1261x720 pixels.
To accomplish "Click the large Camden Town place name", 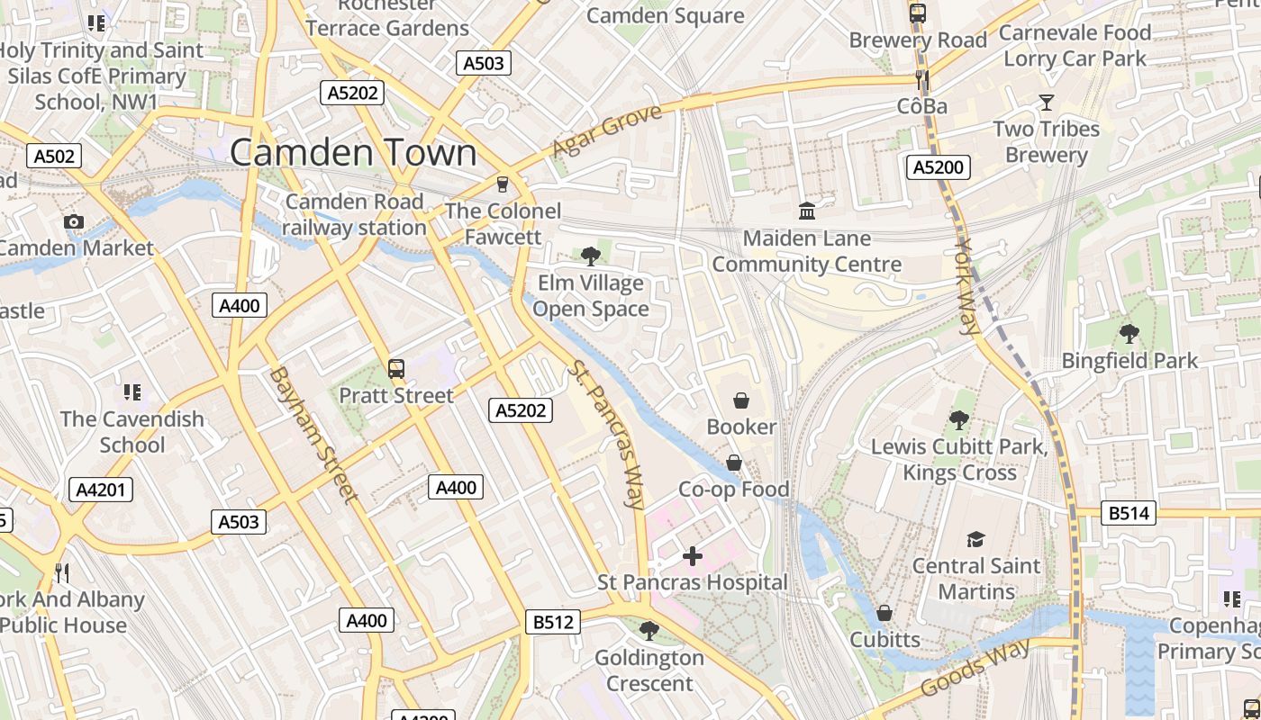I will coord(353,152).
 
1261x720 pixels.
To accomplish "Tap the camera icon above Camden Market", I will coord(74,221).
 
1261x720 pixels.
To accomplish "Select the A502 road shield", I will coord(54,156).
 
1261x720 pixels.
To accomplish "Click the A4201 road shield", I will coord(101,490).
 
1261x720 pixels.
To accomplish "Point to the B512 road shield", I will coord(553,622).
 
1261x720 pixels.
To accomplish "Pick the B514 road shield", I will coord(1129,513).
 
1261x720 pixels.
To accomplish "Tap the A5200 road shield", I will coord(938,166).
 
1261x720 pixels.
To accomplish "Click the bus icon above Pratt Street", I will coord(395,368).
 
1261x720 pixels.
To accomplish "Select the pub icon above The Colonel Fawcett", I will coord(503,184).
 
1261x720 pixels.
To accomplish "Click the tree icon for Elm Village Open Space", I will coord(591,256).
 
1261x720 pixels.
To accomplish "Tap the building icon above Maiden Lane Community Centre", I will coord(807,211).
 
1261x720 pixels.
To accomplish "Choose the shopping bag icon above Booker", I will coord(741,400).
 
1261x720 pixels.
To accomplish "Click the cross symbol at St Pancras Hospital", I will coord(692,556).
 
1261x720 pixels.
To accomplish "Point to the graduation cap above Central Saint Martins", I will coord(975,539).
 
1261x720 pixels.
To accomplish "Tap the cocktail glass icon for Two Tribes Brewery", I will coord(1047,103).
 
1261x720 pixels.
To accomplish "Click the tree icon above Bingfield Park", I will coord(1129,334).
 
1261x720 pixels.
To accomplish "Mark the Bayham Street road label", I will coord(313,435).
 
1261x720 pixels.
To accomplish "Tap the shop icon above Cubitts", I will coord(885,613).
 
